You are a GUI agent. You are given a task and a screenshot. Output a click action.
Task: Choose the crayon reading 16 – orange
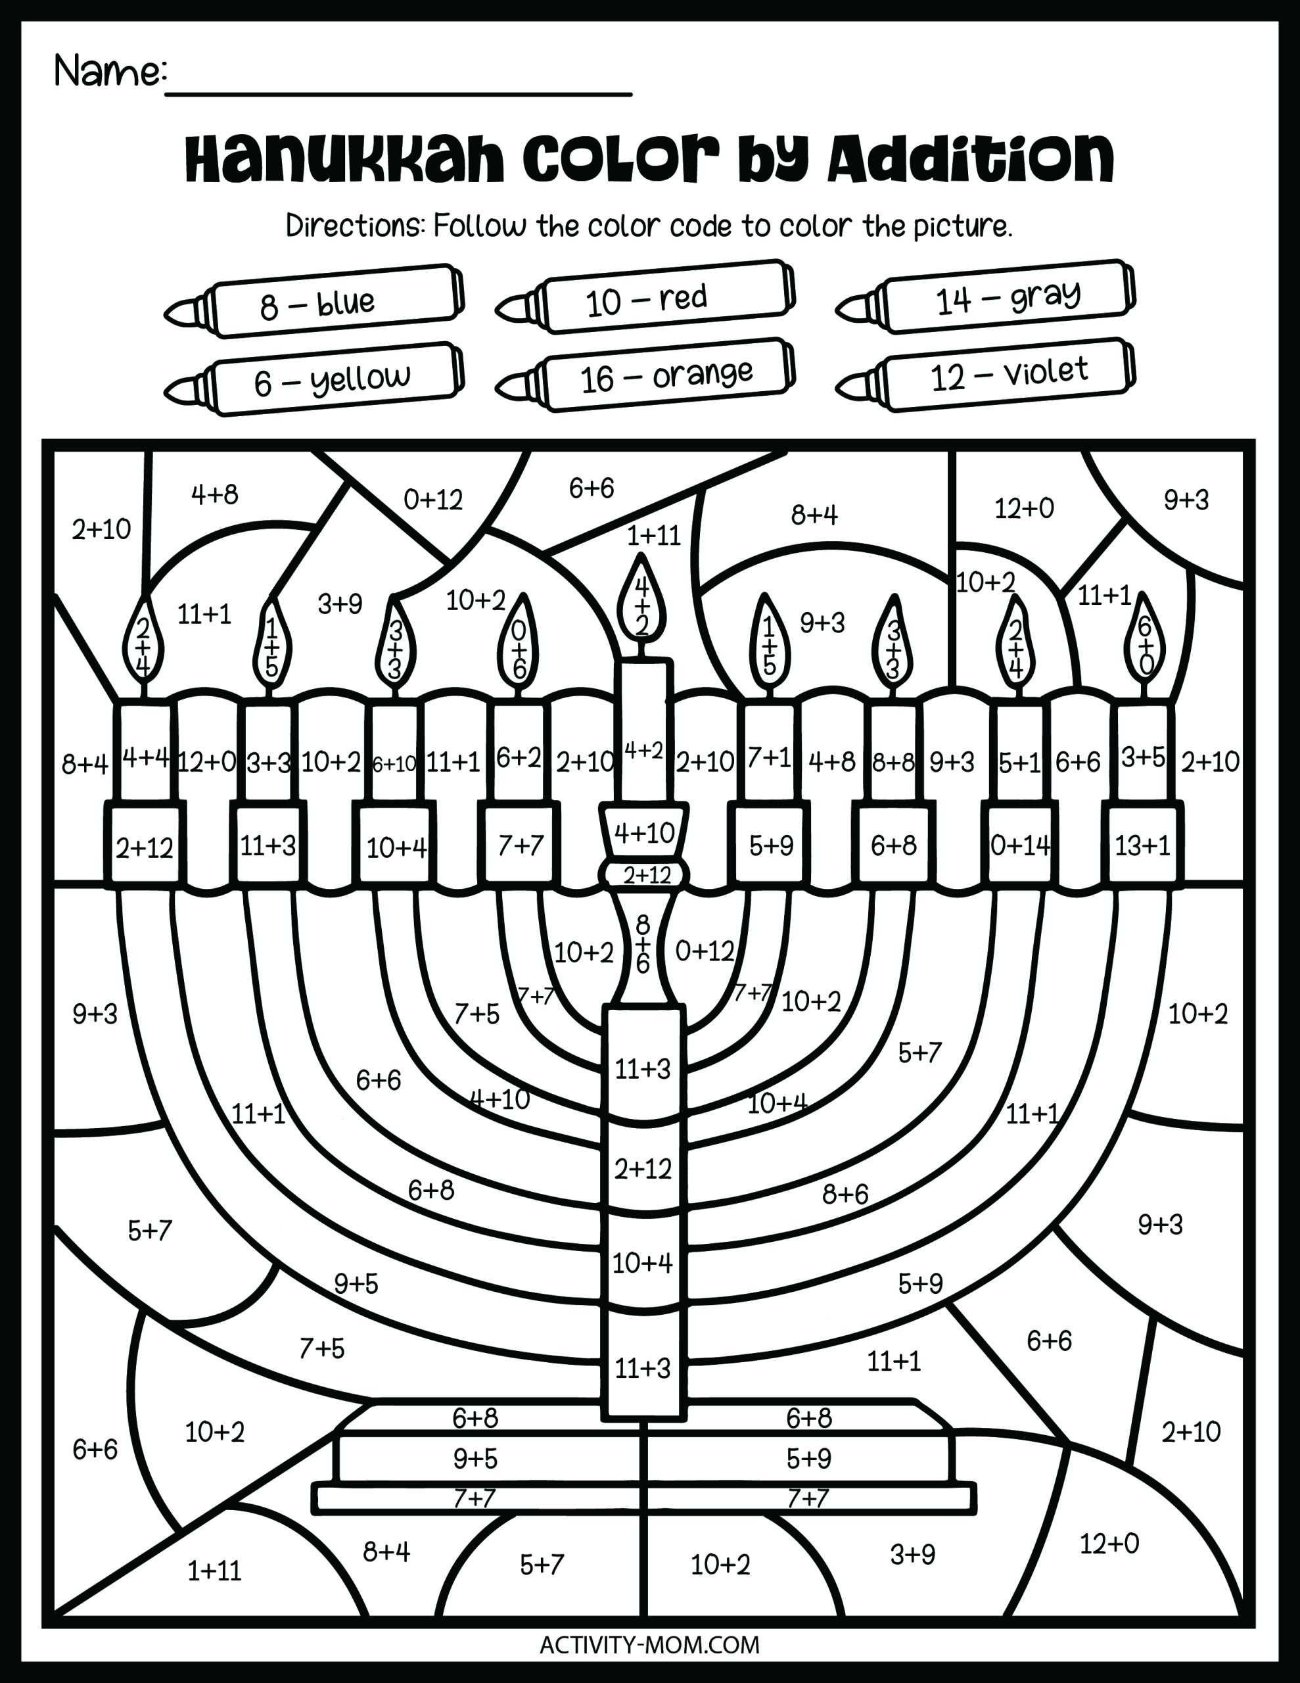pos(647,377)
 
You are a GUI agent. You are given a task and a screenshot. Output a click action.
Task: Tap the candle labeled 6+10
pos(394,763)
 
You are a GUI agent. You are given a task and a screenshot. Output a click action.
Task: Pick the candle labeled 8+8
pos(893,761)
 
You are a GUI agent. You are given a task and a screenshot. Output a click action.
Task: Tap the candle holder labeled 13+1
pos(1142,845)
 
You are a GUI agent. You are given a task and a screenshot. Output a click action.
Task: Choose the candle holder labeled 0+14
pos(1019,845)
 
